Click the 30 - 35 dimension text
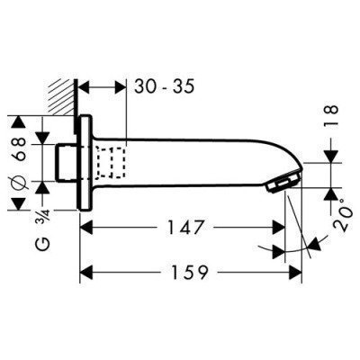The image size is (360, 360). [165, 86]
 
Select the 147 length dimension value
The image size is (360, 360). [185, 227]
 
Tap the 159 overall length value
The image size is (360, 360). [189, 272]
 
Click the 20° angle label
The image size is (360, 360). [343, 214]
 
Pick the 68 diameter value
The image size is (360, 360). [20, 149]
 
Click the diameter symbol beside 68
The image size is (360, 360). [20, 183]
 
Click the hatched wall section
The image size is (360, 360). [60, 97]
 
